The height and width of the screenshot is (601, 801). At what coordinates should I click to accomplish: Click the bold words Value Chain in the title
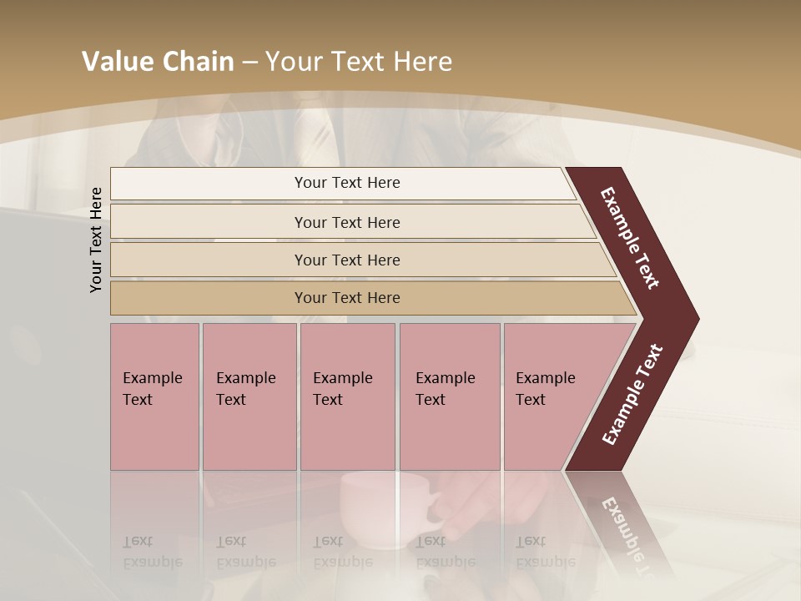pos(158,62)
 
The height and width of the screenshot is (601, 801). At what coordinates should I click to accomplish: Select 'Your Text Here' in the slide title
pos(359,62)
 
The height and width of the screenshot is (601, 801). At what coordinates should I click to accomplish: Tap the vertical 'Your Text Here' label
pos(96,240)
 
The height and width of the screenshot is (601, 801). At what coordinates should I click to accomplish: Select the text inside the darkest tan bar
pos(347,298)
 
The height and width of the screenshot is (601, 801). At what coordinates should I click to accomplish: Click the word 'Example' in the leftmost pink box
pos(152,378)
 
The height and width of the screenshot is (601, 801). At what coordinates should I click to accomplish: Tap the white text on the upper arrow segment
pos(630,238)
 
